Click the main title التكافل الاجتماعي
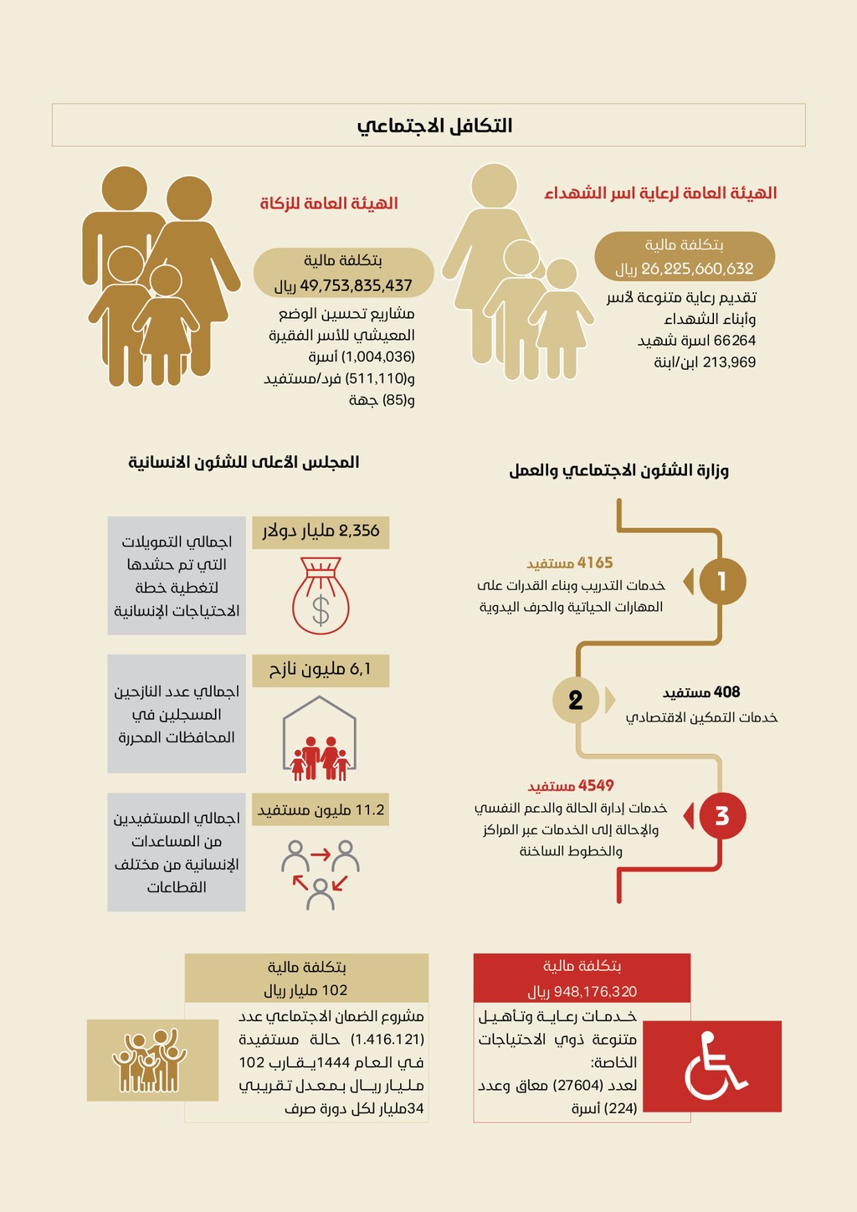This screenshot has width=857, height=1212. [x=434, y=126]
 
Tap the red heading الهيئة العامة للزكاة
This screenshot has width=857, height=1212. [x=329, y=203]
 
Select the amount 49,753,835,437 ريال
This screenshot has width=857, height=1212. [x=344, y=285]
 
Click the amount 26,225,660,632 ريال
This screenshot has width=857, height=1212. [x=685, y=269]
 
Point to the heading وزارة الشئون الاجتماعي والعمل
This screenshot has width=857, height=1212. [x=618, y=470]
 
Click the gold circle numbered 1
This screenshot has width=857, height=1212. [x=721, y=581]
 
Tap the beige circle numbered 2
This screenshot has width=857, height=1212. [x=575, y=700]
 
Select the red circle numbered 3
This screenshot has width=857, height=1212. [x=721, y=815]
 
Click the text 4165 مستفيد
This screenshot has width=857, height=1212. [x=570, y=563]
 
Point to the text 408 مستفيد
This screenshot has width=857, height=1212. [x=701, y=692]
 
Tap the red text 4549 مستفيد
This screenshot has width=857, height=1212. [x=571, y=786]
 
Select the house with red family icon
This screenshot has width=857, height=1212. [x=320, y=738]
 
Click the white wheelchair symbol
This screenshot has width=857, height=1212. [x=714, y=1066]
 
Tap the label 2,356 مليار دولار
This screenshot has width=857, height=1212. [x=321, y=531]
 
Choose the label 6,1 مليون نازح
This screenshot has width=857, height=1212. [x=321, y=669]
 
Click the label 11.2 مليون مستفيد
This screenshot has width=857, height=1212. [x=321, y=809]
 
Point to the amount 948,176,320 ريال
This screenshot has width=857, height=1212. [x=582, y=991]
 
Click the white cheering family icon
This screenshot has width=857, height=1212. [x=151, y=1060]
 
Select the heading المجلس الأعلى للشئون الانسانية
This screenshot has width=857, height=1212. [x=244, y=462]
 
